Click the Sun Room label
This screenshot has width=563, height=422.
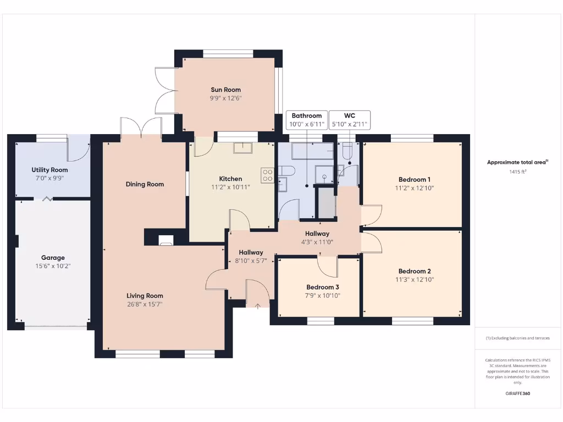point(225,90)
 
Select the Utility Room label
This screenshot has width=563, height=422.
point(49,170)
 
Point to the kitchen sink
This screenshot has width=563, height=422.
point(242,148)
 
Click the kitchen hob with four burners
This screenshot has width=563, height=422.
point(268,175)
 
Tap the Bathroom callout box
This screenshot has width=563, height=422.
point(306,120)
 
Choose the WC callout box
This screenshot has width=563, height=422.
point(349,120)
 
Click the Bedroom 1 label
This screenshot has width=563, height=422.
point(414,180)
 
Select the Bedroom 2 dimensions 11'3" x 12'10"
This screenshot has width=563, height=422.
point(415,279)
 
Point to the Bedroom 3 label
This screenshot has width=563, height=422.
point(323,287)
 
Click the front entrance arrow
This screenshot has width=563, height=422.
point(257,305)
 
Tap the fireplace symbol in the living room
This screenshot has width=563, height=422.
point(165,240)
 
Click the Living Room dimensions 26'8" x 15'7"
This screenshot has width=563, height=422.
point(145,304)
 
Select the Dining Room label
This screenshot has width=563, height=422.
point(145,184)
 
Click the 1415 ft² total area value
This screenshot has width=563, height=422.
point(517,172)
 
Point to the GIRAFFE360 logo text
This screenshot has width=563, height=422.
point(517,393)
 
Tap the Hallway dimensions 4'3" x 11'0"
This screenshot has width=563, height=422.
point(317,242)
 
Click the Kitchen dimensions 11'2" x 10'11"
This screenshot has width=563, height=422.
point(230,187)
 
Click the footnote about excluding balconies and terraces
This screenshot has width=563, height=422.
point(517,338)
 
